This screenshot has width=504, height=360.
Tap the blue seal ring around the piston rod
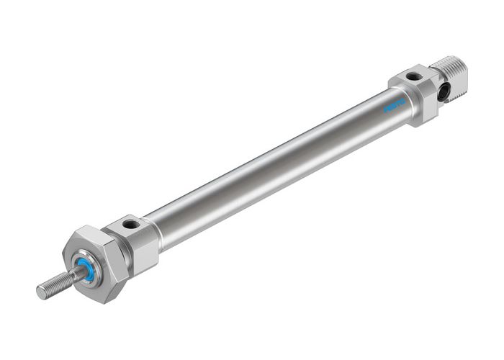coord(86,269)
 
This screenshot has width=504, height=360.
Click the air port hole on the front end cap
coord(131,225)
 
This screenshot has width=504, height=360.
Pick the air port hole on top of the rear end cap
coord(412,76)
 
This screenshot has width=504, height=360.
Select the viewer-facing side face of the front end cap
coord(144,252)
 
